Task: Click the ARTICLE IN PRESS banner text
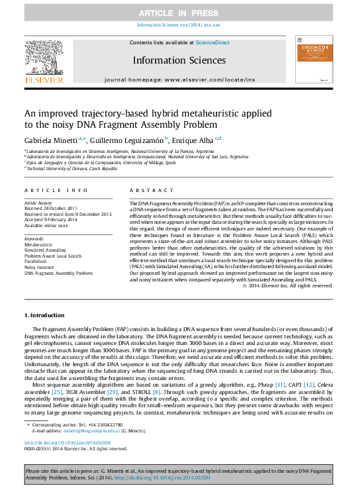[x=179, y=13]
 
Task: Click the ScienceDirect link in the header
[x=212, y=42]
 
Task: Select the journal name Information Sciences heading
[x=179, y=60]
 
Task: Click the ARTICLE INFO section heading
[x=51, y=190]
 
